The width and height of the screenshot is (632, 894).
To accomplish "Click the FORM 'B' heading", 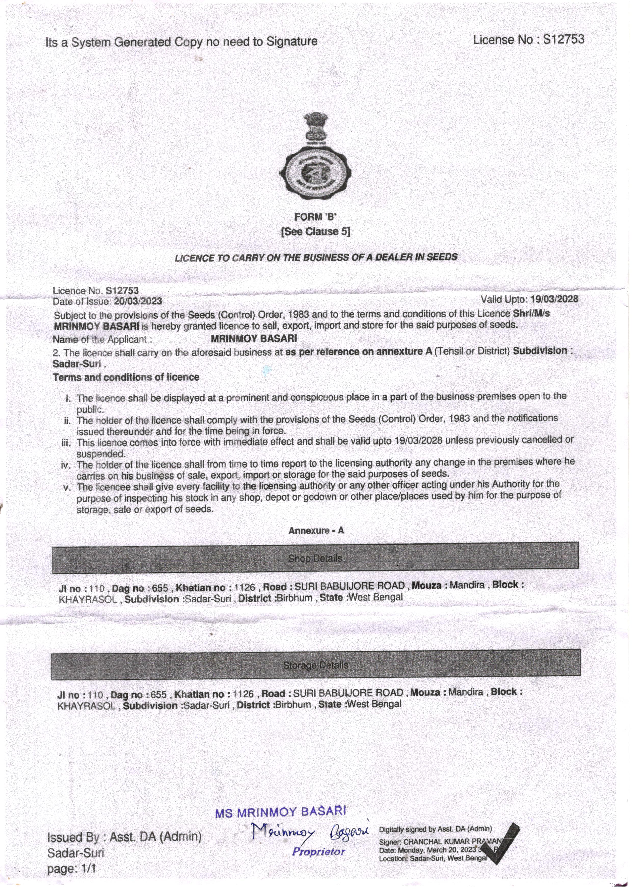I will click(x=315, y=217).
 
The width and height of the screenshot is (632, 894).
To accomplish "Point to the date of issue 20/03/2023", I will click(x=138, y=301).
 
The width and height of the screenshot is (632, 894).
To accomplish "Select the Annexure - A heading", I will click(x=316, y=530).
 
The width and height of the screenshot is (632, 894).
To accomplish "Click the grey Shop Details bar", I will click(x=315, y=558).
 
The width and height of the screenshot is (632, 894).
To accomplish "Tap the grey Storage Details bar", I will click(x=315, y=665).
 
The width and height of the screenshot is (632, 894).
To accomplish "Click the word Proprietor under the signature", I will click(x=319, y=852).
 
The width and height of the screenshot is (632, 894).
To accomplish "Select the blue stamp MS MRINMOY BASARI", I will click(x=280, y=812).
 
